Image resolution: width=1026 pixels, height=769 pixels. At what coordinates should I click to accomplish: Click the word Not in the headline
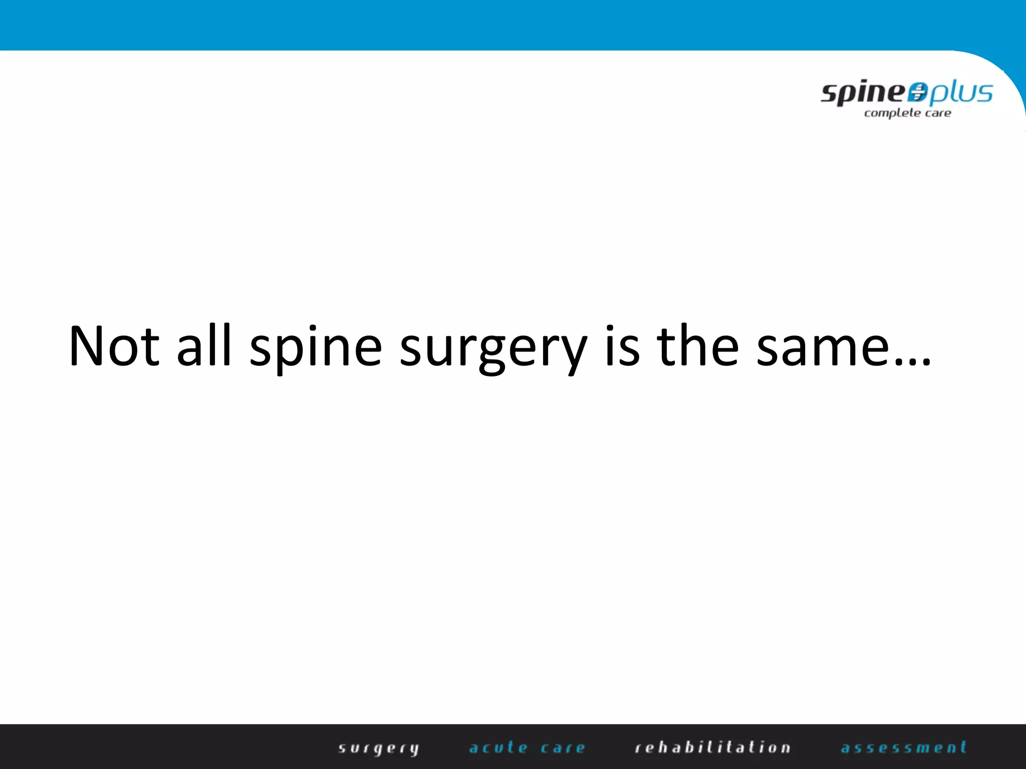[114, 346]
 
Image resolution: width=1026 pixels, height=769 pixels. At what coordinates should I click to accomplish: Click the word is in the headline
[623, 346]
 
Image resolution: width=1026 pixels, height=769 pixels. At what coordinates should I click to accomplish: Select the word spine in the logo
[863, 93]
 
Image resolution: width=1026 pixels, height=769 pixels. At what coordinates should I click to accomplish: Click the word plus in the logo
[961, 93]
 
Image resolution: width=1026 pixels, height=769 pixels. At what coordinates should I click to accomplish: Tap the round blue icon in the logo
[918, 92]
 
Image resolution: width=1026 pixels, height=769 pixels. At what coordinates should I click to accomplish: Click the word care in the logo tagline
[938, 113]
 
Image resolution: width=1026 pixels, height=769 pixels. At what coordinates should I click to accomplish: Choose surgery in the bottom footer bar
[379, 748]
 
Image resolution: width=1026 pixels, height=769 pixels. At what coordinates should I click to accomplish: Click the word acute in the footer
[498, 747]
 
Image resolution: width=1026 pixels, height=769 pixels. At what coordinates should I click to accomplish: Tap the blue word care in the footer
[563, 748]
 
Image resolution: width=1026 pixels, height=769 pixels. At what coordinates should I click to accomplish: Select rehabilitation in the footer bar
[712, 747]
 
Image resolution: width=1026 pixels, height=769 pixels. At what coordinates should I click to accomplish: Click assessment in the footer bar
[904, 747]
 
